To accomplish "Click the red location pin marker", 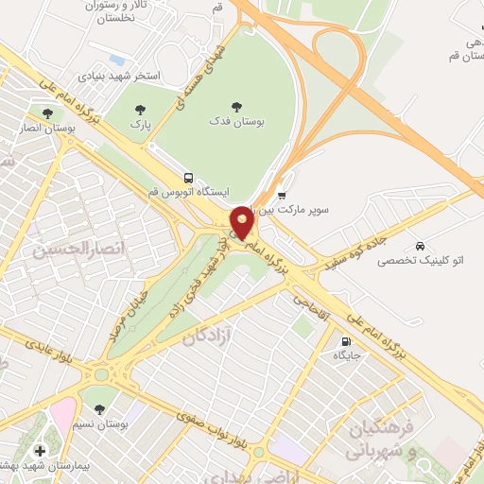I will (243, 222).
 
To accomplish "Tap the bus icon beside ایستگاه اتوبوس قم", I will (189, 178).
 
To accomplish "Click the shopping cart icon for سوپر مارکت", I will (282, 195).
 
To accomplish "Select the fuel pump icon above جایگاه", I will (342, 341).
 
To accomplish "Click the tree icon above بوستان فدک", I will (235, 107).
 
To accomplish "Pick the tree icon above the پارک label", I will (141, 110).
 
